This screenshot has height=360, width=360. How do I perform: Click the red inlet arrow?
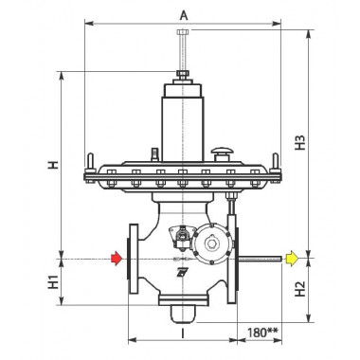(x=117, y=259)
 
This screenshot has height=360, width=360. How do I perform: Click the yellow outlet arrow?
(x=292, y=259)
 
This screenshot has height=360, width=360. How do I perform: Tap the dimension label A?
(x=184, y=15)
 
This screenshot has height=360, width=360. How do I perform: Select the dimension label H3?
(x=300, y=143)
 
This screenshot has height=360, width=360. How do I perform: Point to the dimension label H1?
(x=53, y=281)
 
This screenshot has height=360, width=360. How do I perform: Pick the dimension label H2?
(x=300, y=289)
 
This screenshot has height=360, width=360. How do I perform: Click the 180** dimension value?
(x=262, y=333)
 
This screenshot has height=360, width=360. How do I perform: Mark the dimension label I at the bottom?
(x=183, y=333)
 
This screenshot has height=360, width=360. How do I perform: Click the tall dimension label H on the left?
(x=53, y=165)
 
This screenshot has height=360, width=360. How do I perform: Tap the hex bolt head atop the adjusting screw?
(x=183, y=31)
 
